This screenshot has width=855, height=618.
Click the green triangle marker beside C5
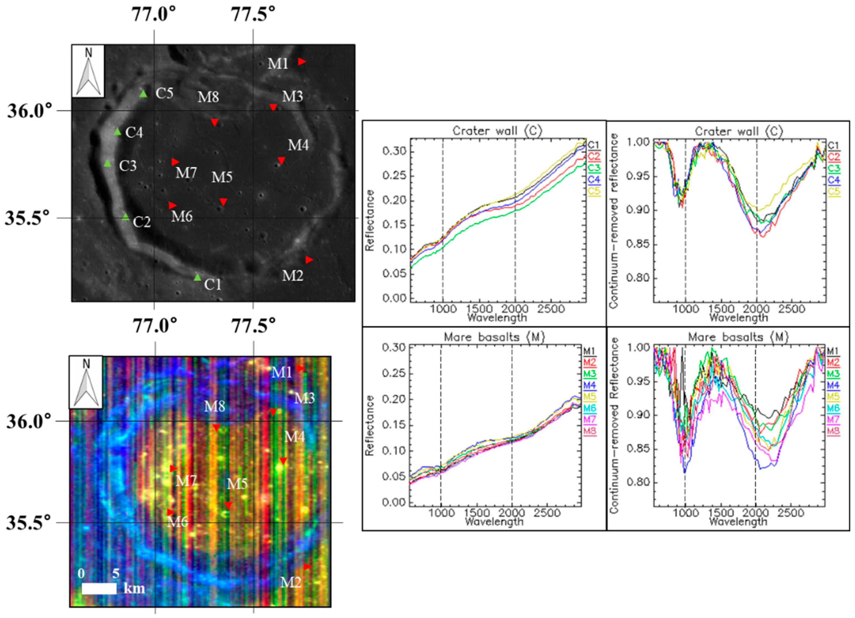[143, 94]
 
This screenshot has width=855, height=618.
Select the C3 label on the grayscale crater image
[128, 166]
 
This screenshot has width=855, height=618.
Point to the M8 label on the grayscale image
[208, 97]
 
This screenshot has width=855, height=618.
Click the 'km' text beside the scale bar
[134, 588]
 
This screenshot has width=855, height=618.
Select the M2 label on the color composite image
[291, 583]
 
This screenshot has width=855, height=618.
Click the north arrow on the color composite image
[86, 382]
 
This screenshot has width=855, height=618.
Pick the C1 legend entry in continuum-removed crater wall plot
[834, 145]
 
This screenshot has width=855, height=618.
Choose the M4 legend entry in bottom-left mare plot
[590, 385]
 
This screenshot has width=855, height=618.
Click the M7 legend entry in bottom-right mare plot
[833, 419]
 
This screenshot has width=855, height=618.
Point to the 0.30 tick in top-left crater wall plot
[394, 152]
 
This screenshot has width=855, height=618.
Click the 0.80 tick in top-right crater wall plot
[637, 278]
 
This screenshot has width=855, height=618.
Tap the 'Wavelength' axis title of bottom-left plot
[494, 522]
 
